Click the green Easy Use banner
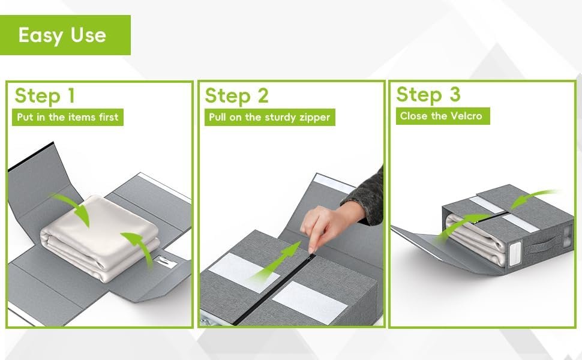click(65, 35)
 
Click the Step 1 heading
click(45, 96)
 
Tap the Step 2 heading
click(236, 96)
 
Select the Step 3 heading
click(428, 94)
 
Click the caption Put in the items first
click(68, 117)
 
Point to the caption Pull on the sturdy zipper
click(270, 117)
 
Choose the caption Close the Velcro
click(443, 116)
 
